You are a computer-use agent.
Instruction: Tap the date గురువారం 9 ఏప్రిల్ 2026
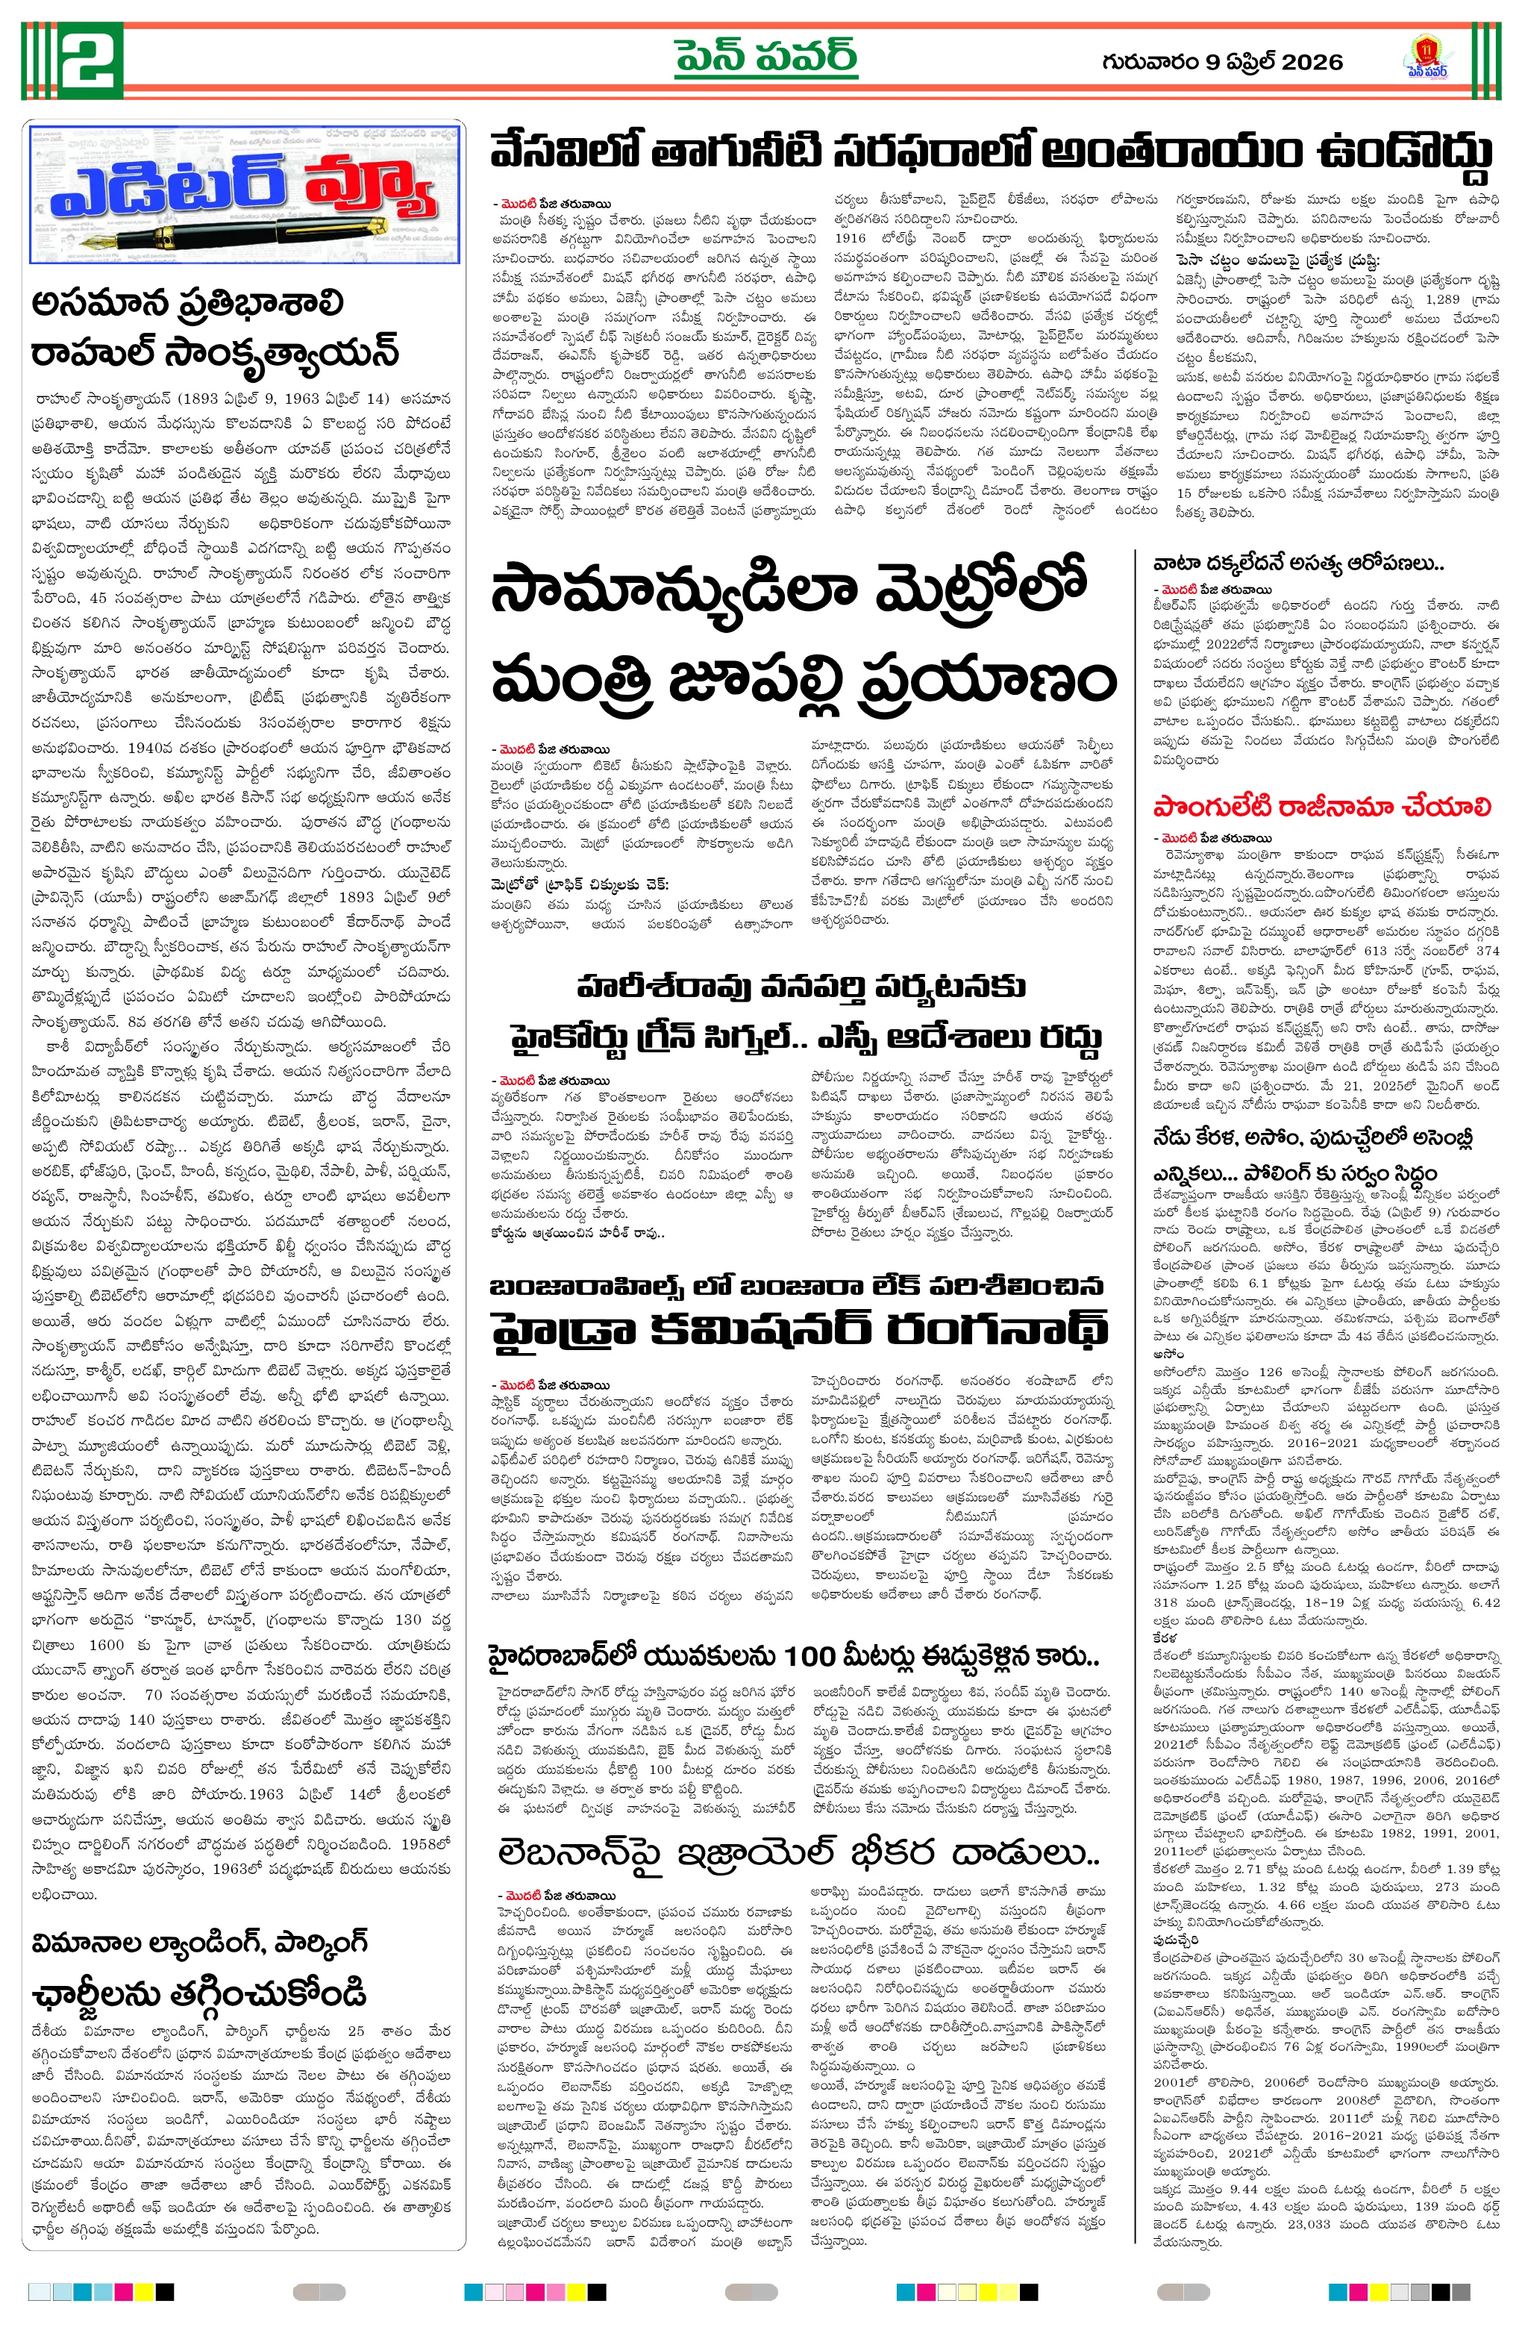click(1222, 62)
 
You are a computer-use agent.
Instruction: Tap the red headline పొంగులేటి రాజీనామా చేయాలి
click(1321, 807)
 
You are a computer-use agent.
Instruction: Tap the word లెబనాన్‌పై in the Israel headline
click(577, 1853)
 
